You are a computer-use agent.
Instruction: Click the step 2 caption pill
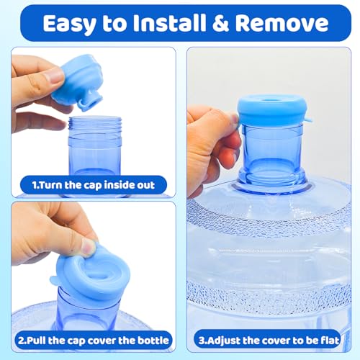93,339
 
